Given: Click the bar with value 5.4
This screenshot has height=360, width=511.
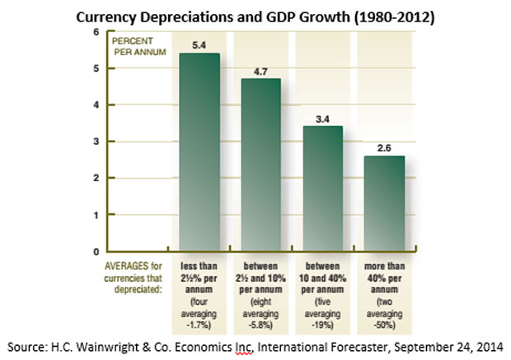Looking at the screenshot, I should click(x=199, y=152).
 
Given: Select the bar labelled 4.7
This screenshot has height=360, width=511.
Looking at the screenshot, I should click(x=260, y=165).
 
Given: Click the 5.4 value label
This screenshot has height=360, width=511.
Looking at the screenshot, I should click(x=199, y=44).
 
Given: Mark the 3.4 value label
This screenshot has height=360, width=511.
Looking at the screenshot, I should click(x=322, y=118).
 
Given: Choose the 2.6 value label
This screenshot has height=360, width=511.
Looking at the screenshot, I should click(x=383, y=147).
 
